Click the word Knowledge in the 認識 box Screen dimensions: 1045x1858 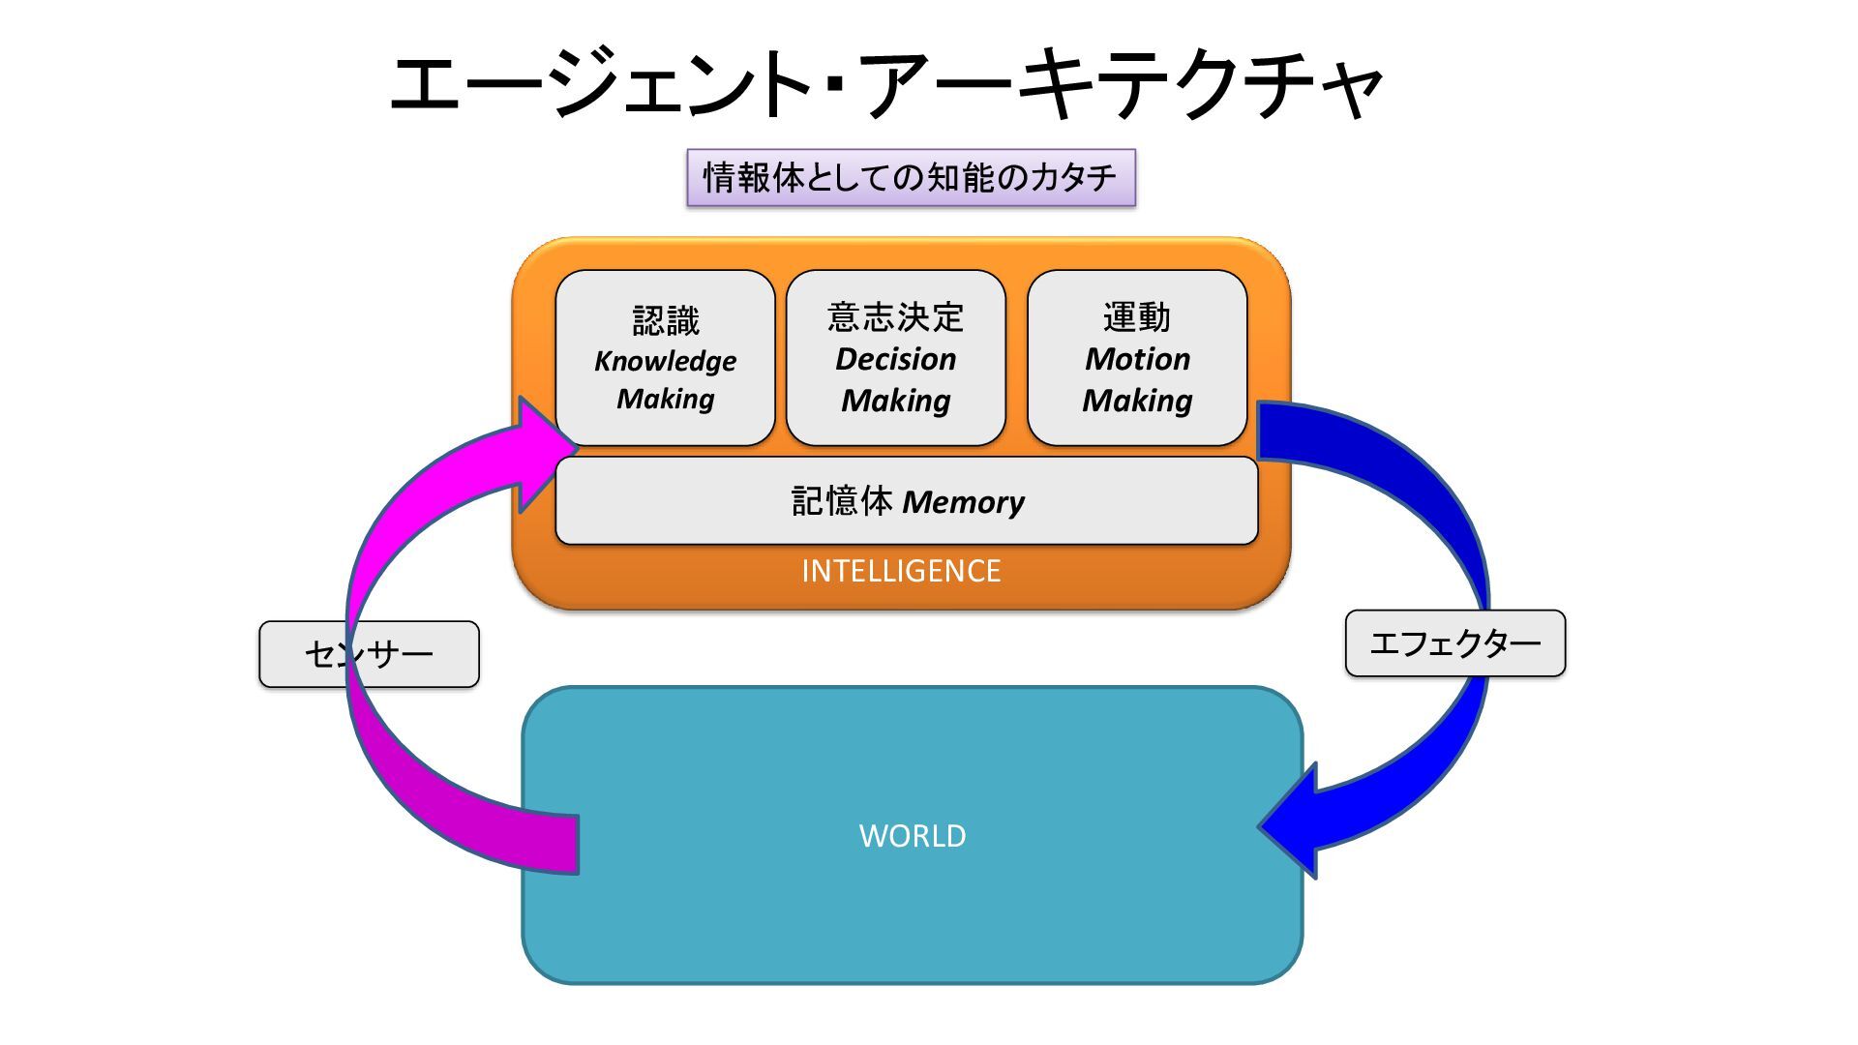[665, 361]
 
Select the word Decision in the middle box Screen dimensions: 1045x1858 [895, 359]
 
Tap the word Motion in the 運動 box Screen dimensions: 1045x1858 [1137, 359]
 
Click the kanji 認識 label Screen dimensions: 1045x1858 [666, 319]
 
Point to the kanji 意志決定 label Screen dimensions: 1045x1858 [895, 316]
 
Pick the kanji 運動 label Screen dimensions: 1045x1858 [1137, 316]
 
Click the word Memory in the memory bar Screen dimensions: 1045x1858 [963, 502]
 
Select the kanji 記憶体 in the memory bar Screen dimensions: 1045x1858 [842, 501]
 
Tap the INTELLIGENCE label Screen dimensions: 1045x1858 [901, 571]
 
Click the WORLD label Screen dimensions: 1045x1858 [913, 836]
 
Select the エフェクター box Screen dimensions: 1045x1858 [1454, 643]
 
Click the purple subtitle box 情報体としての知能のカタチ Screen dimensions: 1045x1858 [911, 178]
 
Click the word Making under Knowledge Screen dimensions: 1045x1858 [665, 399]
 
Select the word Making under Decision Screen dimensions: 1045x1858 [895, 401]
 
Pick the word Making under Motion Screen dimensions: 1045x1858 [1137, 401]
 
